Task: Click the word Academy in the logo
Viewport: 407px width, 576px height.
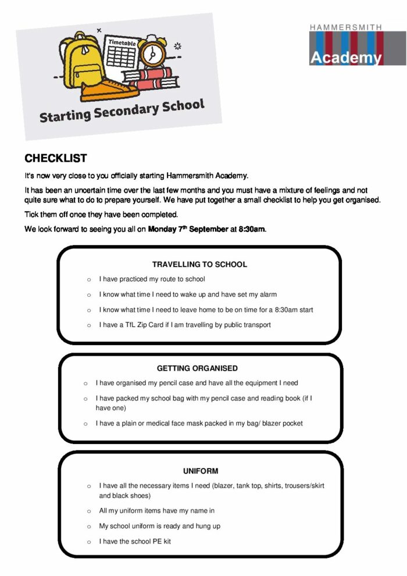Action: click(x=345, y=58)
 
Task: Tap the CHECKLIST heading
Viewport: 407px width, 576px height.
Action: click(x=56, y=158)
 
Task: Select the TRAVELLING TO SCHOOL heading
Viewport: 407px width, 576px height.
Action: click(x=199, y=264)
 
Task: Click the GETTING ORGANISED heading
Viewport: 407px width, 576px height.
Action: click(x=197, y=368)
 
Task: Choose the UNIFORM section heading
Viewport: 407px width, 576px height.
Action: click(x=201, y=471)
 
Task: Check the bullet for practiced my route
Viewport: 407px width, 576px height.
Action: click(x=89, y=279)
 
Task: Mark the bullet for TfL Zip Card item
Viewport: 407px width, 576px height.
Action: click(x=89, y=325)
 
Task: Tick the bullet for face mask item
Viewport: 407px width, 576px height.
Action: click(x=85, y=424)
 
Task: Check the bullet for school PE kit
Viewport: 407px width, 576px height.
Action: click(x=89, y=542)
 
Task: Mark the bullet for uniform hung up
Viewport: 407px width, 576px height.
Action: click(x=89, y=527)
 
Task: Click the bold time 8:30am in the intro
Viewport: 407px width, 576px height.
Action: click(x=252, y=229)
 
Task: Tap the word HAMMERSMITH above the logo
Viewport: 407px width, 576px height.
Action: click(x=345, y=27)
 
